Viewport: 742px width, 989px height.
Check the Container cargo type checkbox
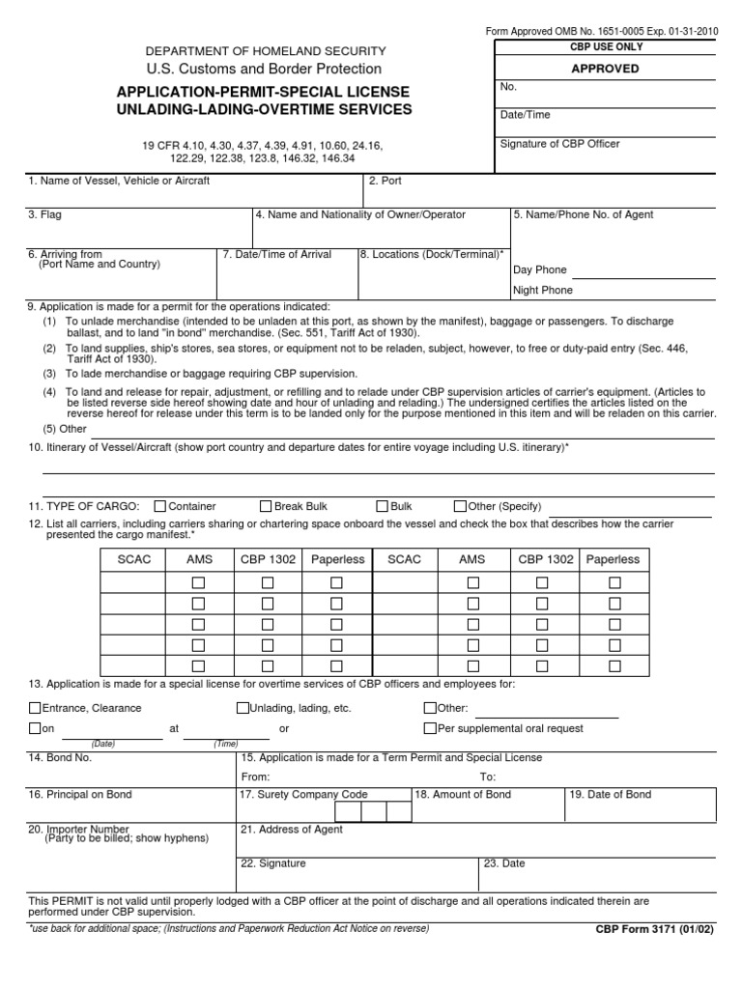160,506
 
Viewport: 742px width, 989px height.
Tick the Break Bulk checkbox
266,506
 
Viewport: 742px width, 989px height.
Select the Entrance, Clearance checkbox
36,708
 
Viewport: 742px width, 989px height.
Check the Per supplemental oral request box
430,728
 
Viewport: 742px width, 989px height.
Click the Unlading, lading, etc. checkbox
243,708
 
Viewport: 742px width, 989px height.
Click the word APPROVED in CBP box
606,69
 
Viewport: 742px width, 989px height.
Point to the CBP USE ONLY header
606,46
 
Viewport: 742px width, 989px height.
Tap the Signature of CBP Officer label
559,144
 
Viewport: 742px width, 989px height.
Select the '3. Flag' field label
44,214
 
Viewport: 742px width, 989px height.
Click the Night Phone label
542,290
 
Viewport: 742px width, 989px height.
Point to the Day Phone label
539,269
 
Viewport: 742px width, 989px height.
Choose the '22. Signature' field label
273,863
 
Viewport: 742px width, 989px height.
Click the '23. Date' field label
504,863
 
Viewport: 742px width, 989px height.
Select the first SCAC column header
134,559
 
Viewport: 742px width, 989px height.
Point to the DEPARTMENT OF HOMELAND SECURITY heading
265,50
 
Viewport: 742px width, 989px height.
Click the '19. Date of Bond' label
610,794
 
